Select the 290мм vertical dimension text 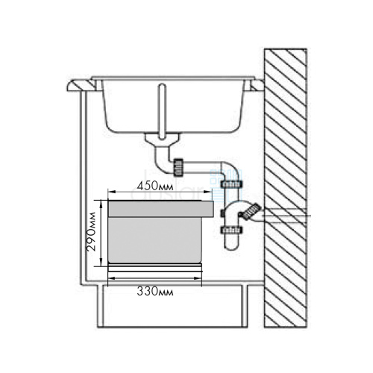pos(91,232)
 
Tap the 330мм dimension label pos(155,292)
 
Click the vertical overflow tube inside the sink pos(162,111)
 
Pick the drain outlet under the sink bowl pos(163,140)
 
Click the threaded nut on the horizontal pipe pos(178,166)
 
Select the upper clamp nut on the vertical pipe pos(231,184)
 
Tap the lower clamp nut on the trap pos(231,230)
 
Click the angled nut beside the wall pos(251,212)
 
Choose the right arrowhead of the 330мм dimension pos(198,278)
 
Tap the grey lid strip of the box pos(160,209)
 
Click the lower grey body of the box pos(155,240)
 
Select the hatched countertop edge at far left pos(81,85)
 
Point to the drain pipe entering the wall pos(283,215)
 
